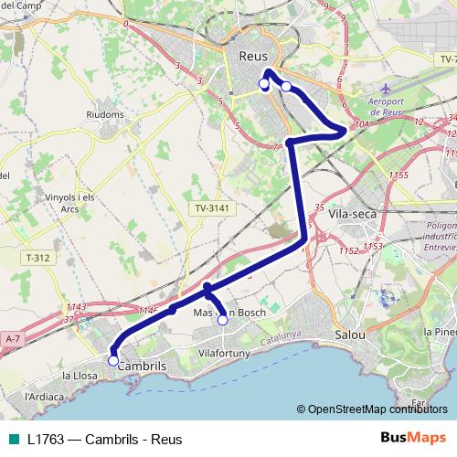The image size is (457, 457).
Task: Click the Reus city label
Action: [252, 57]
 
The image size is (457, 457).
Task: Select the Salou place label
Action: [350, 335]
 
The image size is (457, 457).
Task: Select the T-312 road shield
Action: [38, 258]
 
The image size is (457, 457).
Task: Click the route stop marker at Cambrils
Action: [113, 360]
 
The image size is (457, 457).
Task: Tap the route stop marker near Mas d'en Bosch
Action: [222, 320]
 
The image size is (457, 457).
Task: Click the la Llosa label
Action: [80, 375]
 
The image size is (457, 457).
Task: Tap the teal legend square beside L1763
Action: [11, 439]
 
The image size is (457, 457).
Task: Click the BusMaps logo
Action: [413, 438]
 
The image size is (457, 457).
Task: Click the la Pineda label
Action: [440, 331]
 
